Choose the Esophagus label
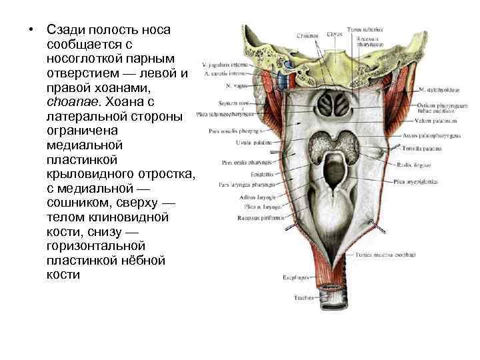(x=297, y=274)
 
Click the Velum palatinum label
(x=441, y=121)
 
